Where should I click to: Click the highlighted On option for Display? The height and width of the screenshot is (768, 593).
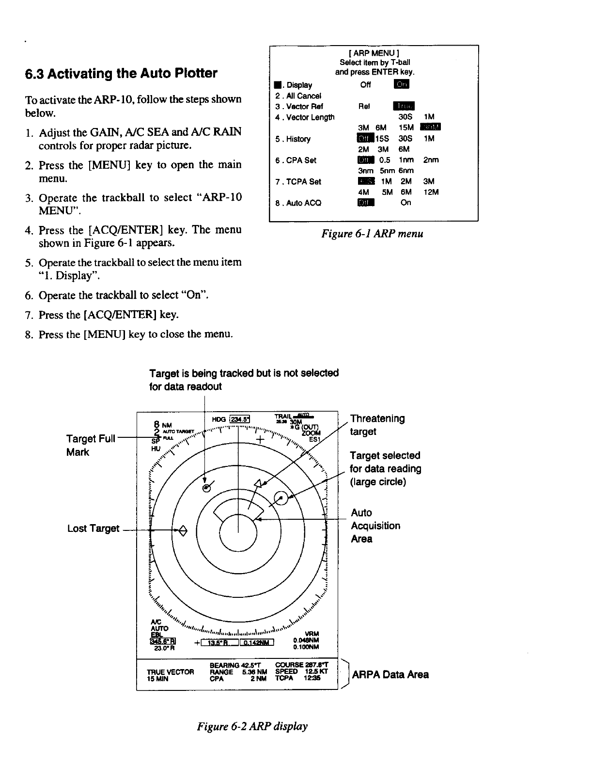click(402, 85)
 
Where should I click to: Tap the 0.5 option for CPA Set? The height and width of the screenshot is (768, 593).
click(385, 160)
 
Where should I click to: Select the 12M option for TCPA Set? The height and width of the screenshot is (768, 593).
click(431, 192)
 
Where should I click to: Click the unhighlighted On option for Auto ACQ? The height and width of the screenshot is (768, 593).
click(406, 202)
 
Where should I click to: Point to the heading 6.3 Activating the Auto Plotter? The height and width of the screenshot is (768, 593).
click(121, 74)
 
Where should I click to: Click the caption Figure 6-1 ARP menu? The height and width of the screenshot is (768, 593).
click(373, 234)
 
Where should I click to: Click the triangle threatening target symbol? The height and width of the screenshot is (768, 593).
click(258, 482)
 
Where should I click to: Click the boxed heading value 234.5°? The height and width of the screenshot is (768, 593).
click(239, 419)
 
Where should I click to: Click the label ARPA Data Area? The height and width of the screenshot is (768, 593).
click(390, 674)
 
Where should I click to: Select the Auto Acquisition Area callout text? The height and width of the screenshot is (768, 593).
click(375, 526)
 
